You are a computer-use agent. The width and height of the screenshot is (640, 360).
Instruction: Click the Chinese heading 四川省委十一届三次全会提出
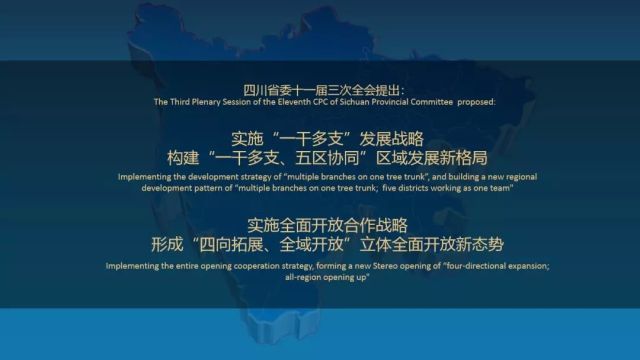(x=318, y=87)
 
